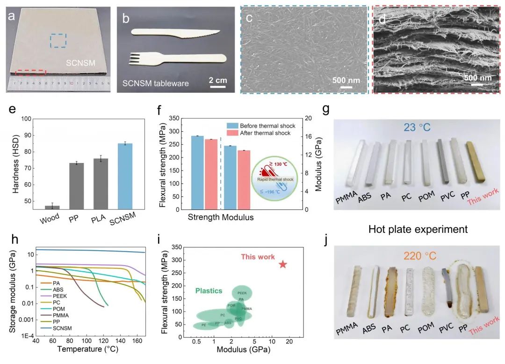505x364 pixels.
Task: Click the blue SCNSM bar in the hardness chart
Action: click(x=125, y=176)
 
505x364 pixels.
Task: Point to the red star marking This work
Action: click(x=282, y=264)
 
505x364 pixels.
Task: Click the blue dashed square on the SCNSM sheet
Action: click(x=58, y=40)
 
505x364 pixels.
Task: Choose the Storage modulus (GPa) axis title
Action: click(x=13, y=290)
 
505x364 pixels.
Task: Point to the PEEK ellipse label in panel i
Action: click(x=242, y=293)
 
